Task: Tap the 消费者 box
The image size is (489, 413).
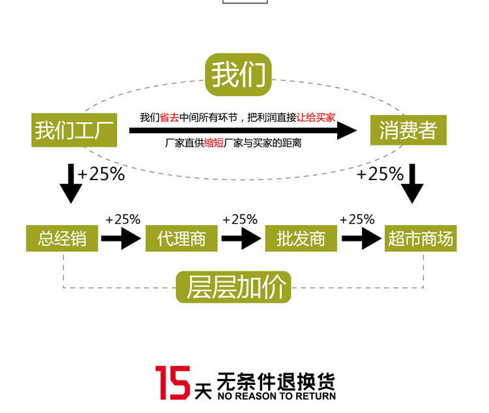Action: click(408, 130)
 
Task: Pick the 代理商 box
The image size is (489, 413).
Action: click(181, 239)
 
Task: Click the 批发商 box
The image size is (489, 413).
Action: click(301, 239)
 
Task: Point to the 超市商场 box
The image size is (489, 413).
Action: click(421, 239)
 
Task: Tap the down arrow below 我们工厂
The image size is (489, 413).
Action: click(71, 184)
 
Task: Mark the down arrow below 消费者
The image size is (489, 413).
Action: click(412, 184)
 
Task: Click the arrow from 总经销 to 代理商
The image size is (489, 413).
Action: click(121, 239)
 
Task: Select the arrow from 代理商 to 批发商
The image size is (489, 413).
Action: click(241, 239)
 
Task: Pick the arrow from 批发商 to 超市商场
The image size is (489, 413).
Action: click(361, 239)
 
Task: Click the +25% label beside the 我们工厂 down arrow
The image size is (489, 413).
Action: click(100, 175)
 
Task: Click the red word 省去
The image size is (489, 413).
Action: click(169, 118)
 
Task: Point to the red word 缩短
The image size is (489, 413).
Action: click(213, 143)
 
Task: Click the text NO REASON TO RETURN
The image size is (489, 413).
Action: click(276, 396)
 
